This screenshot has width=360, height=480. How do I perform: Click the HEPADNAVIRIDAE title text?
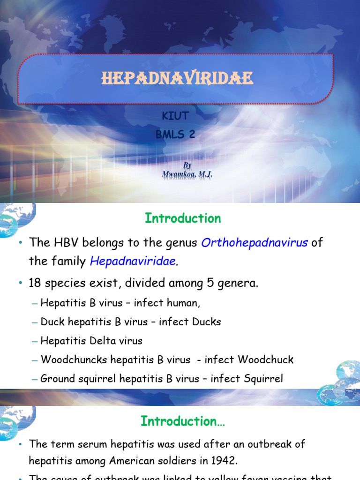pos(177,78)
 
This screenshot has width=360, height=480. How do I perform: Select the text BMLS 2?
pos(174,135)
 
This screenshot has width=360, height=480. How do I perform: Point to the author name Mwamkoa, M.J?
pos(187,175)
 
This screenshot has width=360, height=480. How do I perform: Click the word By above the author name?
pos(187,165)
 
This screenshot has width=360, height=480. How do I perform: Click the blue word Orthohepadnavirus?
pos(255,243)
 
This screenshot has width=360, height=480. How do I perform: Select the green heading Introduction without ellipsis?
pos(183,218)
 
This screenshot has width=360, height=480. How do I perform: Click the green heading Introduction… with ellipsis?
pos(183,421)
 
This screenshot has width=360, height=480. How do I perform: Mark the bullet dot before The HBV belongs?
pos(21,243)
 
